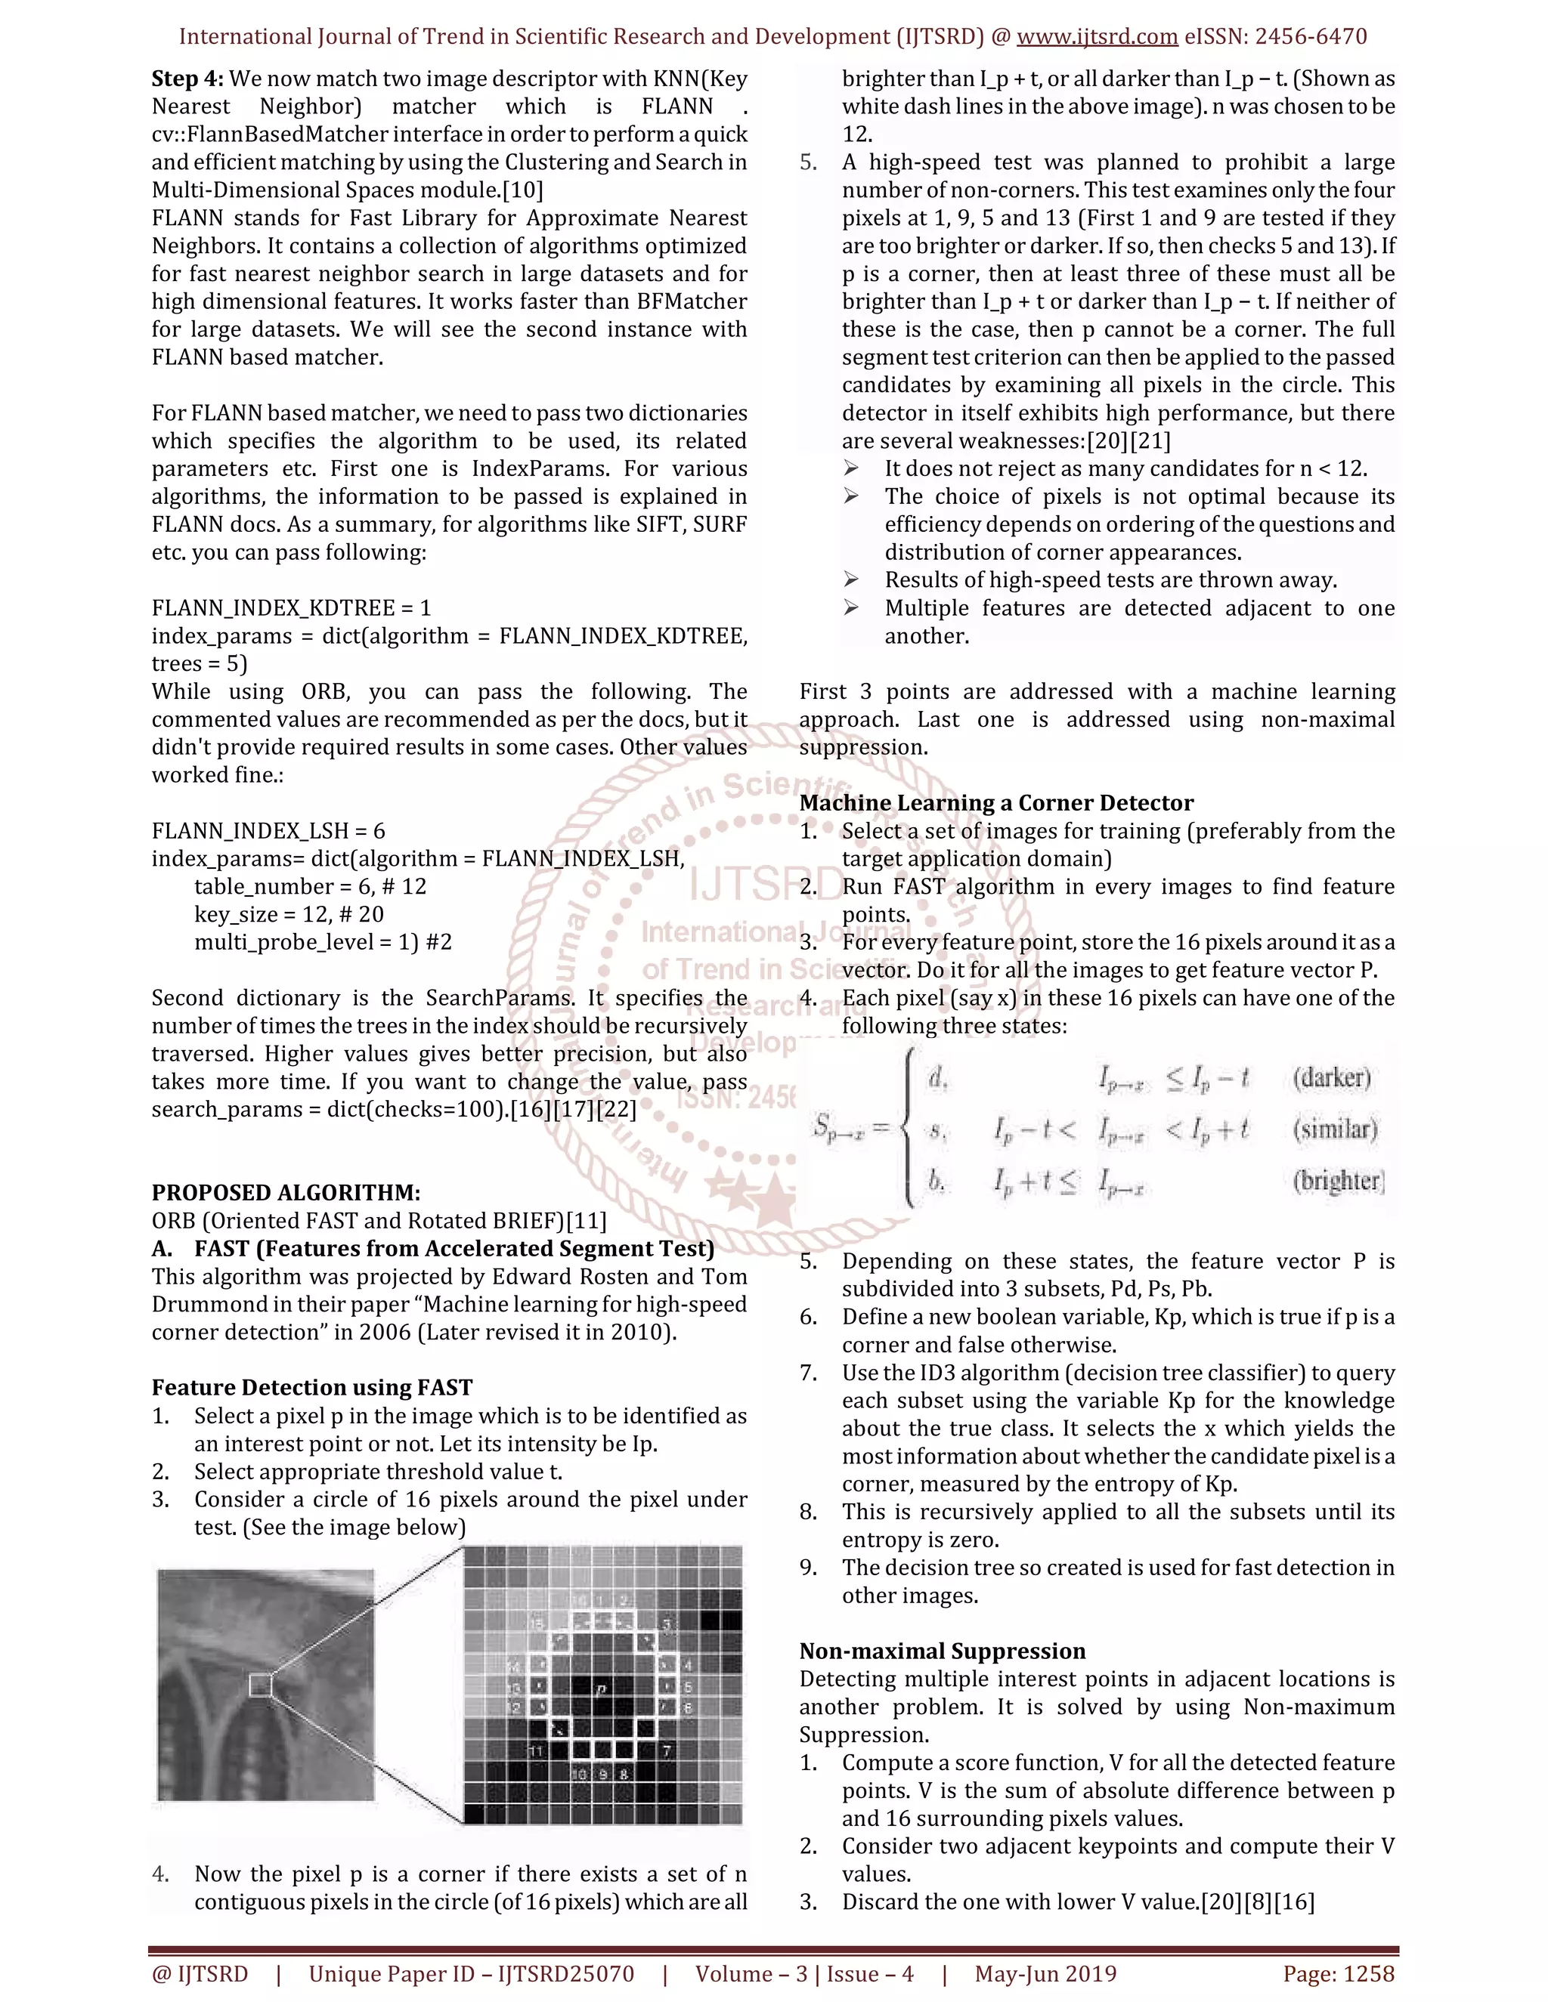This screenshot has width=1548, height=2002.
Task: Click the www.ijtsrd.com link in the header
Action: tap(1097, 37)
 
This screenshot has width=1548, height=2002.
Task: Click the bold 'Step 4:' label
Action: tap(187, 79)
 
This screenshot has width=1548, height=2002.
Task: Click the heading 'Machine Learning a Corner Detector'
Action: tap(996, 803)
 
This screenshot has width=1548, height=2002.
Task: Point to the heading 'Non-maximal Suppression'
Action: tap(942, 1651)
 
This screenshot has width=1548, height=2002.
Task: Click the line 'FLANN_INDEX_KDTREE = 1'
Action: tap(291, 607)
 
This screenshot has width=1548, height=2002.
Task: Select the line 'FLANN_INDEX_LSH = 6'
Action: tap(268, 830)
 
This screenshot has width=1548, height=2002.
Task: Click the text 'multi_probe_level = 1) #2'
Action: tap(323, 942)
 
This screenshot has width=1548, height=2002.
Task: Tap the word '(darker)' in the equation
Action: tap(1332, 1078)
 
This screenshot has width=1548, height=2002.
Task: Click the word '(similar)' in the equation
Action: tap(1336, 1129)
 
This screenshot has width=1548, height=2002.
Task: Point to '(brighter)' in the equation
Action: tap(1338, 1181)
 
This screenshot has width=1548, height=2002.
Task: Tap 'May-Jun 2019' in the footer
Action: tap(1045, 1973)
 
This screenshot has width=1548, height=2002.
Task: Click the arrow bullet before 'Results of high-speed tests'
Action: tap(851, 580)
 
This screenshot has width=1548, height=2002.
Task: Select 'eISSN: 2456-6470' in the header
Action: tap(1276, 37)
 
